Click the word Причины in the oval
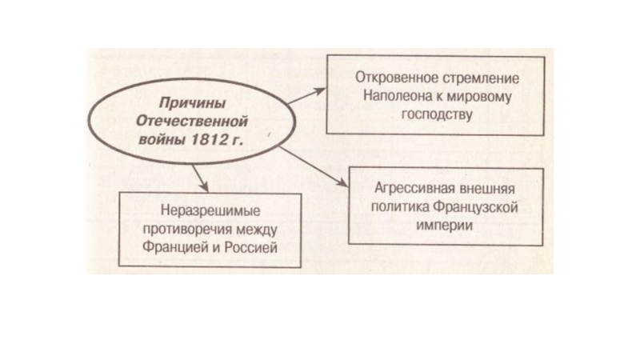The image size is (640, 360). point(185,104)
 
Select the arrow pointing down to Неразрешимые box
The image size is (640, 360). point(200,178)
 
